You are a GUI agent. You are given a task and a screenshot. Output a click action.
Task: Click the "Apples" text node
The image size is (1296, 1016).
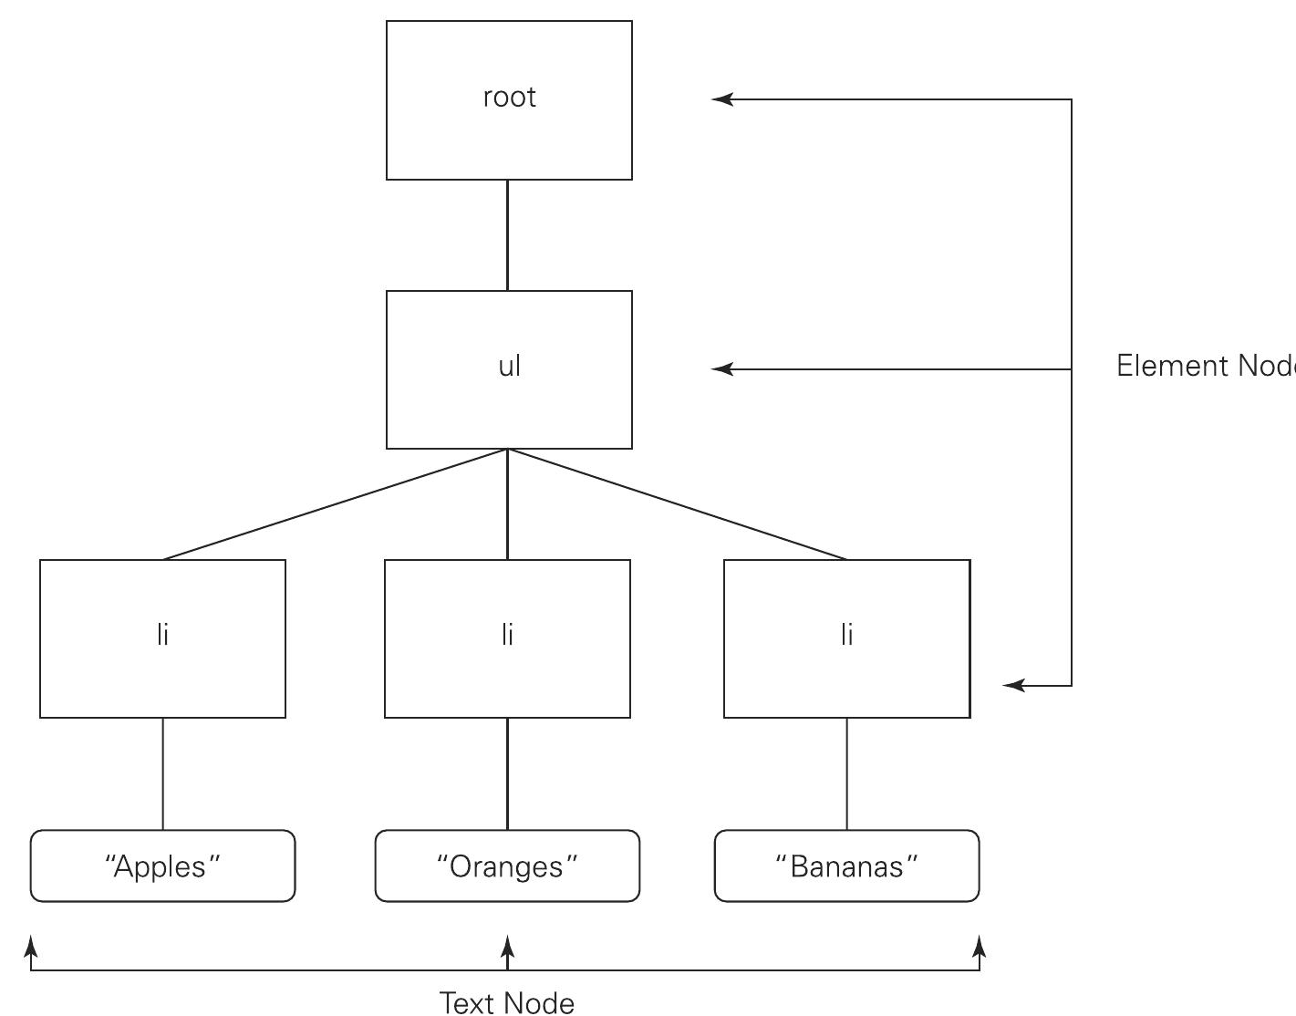162,866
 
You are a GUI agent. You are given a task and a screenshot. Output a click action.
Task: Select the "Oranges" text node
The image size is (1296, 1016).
507,866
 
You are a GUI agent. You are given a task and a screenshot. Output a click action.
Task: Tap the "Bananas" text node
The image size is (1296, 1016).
846,866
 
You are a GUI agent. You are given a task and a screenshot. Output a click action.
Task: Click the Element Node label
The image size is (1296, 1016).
1204,366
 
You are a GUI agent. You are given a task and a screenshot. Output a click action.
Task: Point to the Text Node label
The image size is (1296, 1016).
507,1002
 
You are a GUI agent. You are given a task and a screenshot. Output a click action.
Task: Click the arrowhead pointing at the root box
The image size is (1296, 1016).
721,99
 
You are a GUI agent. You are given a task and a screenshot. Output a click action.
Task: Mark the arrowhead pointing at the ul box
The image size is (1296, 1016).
721,369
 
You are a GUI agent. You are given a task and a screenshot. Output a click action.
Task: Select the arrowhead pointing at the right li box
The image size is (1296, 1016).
1013,685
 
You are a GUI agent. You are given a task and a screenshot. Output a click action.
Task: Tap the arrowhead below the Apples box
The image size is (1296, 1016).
32,945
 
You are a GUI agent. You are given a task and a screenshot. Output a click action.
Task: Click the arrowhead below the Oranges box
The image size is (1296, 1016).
508,945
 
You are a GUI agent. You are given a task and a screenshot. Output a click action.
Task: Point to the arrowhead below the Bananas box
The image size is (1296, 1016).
980,945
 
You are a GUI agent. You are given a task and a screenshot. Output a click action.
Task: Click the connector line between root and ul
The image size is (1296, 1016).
507,235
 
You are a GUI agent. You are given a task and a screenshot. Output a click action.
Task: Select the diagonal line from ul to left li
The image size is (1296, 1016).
335,504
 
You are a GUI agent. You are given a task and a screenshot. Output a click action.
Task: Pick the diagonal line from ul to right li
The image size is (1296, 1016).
677,504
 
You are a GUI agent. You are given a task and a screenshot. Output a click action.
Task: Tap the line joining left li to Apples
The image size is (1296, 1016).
163,773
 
